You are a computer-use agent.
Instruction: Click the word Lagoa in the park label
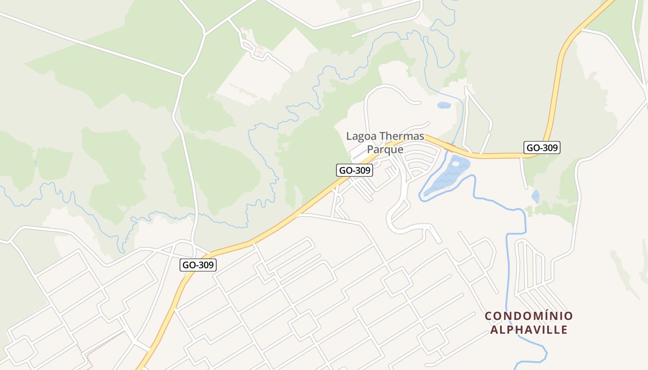(x=361, y=136)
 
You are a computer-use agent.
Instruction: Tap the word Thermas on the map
(x=402, y=136)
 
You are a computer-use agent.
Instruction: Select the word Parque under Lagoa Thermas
(x=385, y=149)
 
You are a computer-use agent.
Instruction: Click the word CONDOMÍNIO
(x=529, y=316)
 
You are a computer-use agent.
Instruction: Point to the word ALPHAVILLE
(x=529, y=330)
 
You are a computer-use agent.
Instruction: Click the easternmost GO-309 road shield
(x=542, y=148)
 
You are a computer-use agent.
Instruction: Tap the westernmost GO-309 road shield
(x=198, y=265)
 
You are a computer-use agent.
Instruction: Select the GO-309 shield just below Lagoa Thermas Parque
(x=354, y=170)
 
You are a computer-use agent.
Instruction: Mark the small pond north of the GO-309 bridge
(x=444, y=105)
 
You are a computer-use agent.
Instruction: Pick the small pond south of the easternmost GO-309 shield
(x=536, y=197)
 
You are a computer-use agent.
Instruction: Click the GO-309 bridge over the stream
(x=450, y=148)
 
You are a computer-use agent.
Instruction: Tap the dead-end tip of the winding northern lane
(x=291, y=72)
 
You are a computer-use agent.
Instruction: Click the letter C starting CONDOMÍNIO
(x=488, y=316)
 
